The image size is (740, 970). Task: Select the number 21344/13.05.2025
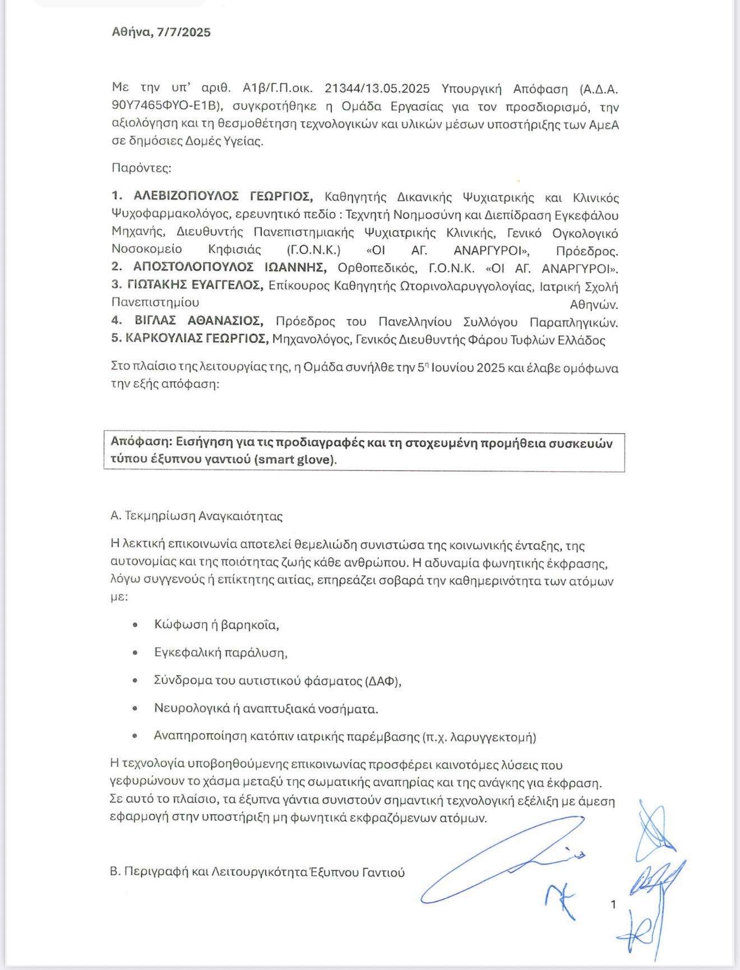377,89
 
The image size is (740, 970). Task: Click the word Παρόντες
141,168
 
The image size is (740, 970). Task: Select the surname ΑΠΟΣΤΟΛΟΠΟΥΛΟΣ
193,267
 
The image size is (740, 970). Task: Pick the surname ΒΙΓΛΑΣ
155,321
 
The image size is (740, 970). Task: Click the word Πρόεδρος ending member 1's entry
587,251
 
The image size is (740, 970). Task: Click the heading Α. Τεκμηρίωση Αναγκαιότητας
196,516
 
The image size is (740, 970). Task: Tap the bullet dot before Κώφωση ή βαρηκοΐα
135,625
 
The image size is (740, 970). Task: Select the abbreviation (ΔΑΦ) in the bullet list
382,681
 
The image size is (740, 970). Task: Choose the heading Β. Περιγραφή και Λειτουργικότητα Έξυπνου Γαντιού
257,872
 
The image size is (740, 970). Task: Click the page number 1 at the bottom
613,904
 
